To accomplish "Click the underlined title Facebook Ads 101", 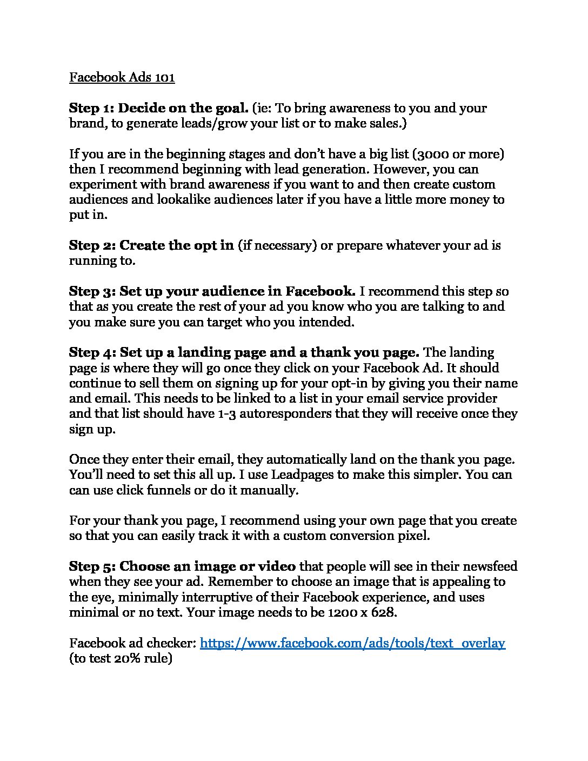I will pos(122,77).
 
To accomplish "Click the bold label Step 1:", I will pos(91,108).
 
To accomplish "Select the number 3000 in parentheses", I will pos(432,154).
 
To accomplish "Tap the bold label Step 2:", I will pos(92,245).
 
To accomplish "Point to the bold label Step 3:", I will pos(92,291).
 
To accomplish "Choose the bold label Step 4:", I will pos(92,352).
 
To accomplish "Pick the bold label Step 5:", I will pos(92,566).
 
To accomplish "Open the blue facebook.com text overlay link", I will pos(352,643).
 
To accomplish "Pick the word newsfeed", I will pos(489,566).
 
